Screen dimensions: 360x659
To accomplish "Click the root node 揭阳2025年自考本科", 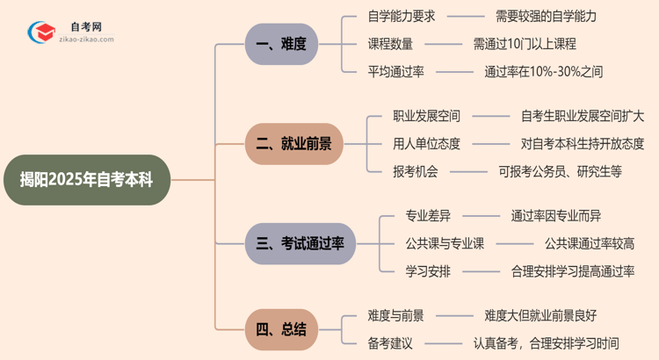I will (85, 180).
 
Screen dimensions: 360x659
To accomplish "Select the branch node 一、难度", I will (281, 44).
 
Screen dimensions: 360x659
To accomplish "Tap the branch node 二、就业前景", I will (293, 144).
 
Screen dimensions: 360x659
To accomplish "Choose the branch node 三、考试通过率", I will (300, 243).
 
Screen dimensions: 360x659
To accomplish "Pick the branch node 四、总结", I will (281, 329).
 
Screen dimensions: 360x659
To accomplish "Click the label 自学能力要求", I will (402, 16).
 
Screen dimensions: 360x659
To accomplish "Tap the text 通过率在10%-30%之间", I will (543, 72).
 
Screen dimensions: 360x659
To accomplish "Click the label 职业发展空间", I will (426, 116).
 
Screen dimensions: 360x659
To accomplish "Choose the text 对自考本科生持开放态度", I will (582, 144).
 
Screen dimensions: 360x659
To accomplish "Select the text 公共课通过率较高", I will (589, 243).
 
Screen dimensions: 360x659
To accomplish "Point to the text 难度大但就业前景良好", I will (540, 314).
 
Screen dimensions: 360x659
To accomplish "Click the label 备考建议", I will (390, 343).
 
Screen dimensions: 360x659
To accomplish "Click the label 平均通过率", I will (395, 72).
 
